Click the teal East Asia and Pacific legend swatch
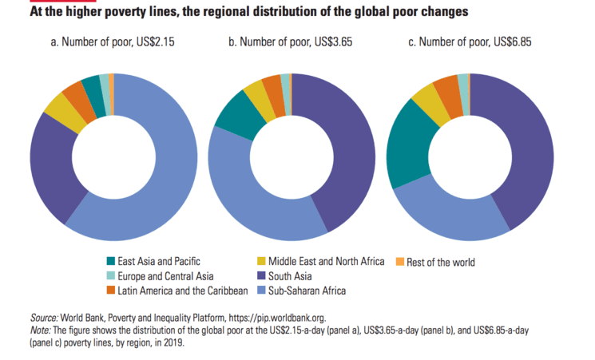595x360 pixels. click(111, 261)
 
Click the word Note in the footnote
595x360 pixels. click(39, 329)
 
